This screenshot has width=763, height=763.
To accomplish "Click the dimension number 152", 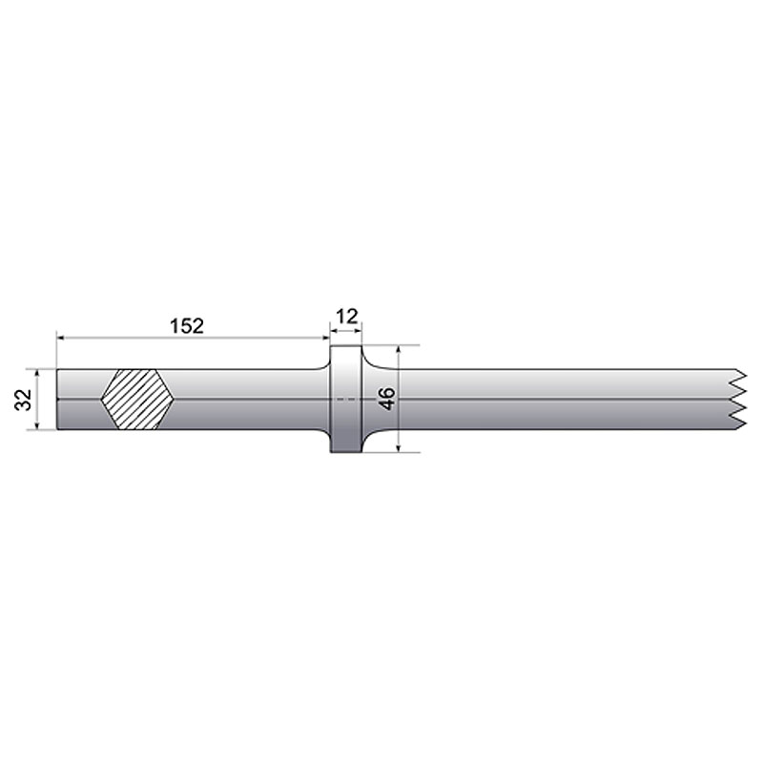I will pyautogui.click(x=187, y=325).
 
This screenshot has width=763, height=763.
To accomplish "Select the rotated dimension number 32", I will pyautogui.click(x=23, y=399).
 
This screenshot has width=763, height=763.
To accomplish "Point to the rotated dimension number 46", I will pyautogui.click(x=386, y=399).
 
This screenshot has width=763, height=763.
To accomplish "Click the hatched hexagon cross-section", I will pyautogui.click(x=137, y=399).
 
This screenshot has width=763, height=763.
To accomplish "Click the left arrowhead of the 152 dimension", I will pyautogui.click(x=61, y=337).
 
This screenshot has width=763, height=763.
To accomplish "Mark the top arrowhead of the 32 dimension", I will pyautogui.click(x=38, y=373).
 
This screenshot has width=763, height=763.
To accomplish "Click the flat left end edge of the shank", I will pyautogui.click(x=56, y=399).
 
